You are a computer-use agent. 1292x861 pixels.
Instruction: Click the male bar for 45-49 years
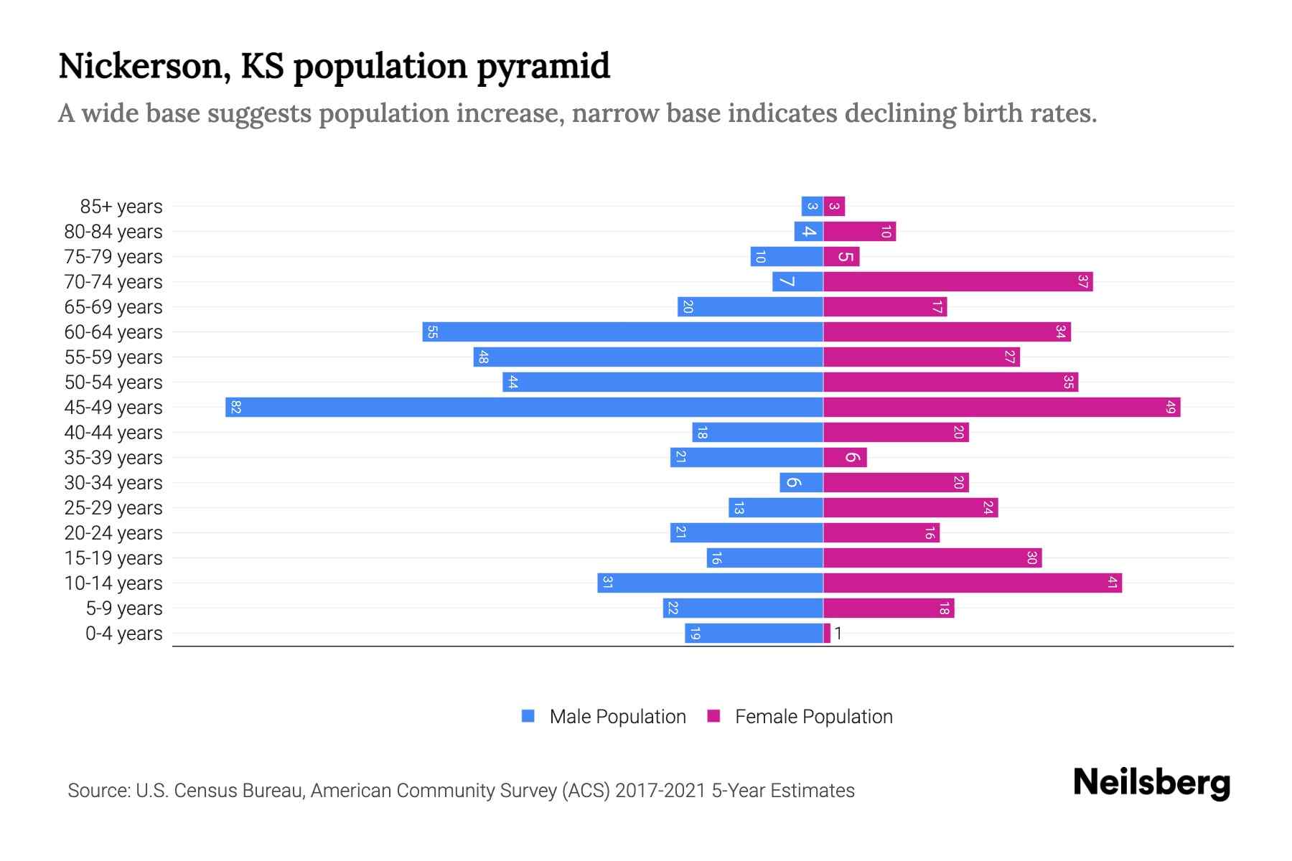524,407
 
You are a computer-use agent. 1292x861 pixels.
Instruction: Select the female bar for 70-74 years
958,282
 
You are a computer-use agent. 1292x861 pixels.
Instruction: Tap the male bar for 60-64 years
622,332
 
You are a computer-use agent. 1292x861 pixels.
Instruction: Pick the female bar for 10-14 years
972,583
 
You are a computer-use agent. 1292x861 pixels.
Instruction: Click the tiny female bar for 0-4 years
827,634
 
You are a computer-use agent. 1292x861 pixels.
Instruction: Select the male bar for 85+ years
812,207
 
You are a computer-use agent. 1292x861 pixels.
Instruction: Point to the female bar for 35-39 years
845,458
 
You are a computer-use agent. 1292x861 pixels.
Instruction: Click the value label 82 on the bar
236,408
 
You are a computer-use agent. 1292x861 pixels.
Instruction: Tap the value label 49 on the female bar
1171,408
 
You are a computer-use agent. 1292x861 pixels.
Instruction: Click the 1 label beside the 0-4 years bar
838,634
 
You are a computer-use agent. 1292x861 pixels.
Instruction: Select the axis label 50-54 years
113,382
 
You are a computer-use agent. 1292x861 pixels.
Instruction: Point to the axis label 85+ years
121,207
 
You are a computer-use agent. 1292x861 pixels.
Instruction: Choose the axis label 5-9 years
124,608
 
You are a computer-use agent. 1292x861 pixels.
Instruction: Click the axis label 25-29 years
113,508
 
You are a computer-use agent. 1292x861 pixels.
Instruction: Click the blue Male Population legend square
528,716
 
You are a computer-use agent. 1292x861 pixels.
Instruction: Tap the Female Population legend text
813,717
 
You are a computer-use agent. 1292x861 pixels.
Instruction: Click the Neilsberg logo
1151,783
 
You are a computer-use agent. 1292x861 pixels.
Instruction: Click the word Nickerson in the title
144,66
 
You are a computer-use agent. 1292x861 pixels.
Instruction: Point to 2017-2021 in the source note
660,791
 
